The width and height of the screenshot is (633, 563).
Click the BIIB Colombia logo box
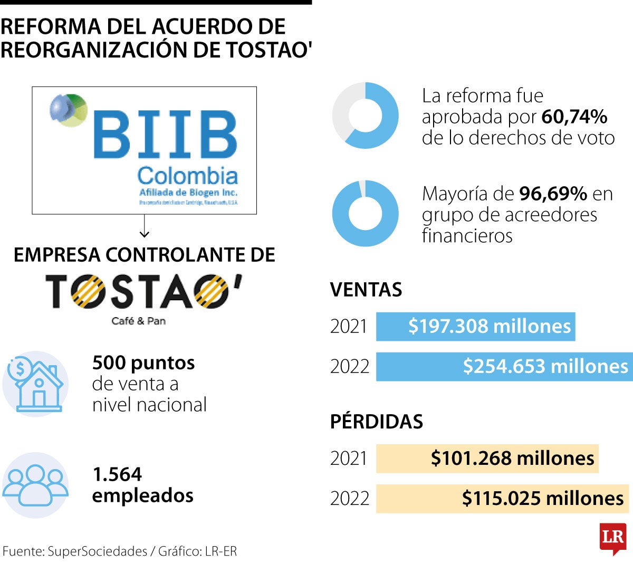click(x=144, y=150)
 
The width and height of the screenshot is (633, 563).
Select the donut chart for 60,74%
click(x=365, y=116)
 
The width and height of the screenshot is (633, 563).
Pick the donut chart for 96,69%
click(x=365, y=214)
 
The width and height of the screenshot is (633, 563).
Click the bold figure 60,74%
click(x=574, y=117)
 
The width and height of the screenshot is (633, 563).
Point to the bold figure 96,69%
click(x=553, y=194)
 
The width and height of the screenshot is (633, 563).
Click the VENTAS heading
click(x=366, y=290)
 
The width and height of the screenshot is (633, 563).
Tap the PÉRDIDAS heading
click(x=377, y=422)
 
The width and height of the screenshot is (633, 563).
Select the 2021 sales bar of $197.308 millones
click(x=475, y=327)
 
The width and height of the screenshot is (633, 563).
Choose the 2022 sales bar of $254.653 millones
click(x=504, y=366)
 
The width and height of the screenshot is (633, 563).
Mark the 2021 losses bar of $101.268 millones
click(x=487, y=459)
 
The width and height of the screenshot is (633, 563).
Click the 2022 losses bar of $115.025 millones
click(x=502, y=499)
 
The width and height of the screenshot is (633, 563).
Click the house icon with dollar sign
click(x=35, y=384)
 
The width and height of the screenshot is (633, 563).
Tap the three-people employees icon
click(x=35, y=484)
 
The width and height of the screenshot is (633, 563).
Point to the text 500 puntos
click(x=143, y=363)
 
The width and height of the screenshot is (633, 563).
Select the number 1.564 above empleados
click(x=117, y=474)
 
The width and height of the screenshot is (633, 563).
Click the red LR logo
click(x=613, y=538)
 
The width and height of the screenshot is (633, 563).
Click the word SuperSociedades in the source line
click(x=97, y=551)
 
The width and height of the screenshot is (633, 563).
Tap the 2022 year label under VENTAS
click(x=349, y=366)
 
